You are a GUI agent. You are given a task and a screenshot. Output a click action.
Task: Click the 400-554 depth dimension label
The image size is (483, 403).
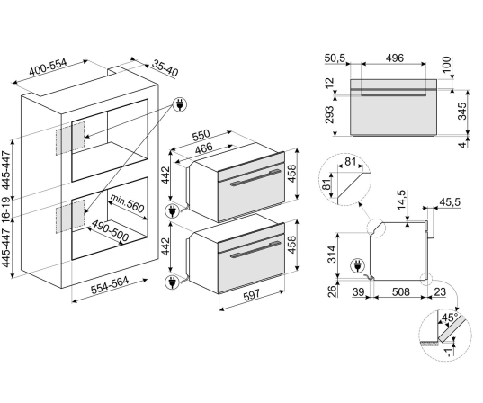[x=48, y=67]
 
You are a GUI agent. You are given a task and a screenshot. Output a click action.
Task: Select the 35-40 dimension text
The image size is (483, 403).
[x=165, y=68]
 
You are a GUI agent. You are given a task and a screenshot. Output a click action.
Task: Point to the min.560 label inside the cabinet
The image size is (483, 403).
[x=127, y=203]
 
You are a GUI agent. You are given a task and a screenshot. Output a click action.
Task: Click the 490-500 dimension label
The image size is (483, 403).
[x=110, y=231]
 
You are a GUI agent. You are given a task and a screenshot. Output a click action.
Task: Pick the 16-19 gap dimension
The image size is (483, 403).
[x=6, y=208]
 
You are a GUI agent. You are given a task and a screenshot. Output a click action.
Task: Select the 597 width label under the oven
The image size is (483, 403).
[x=252, y=295]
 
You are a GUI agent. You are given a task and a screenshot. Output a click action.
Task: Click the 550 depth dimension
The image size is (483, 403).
[x=201, y=135]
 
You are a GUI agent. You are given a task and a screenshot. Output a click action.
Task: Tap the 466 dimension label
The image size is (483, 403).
[x=204, y=148]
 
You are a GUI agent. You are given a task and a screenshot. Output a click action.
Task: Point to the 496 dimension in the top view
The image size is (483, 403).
[x=394, y=58]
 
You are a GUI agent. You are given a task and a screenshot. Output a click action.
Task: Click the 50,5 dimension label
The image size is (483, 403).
[x=335, y=58]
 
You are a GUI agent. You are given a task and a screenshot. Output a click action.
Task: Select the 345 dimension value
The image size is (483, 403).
[x=462, y=111]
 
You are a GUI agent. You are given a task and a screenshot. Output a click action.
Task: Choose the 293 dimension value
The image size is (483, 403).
[x=329, y=114]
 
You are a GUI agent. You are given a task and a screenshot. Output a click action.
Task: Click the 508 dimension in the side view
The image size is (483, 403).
[x=400, y=291]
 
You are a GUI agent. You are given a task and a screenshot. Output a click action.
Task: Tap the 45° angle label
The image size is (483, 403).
[x=450, y=317]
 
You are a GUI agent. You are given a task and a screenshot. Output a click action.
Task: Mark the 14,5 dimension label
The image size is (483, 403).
[x=402, y=200]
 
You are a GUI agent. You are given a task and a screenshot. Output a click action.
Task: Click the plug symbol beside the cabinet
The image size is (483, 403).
[x=180, y=104]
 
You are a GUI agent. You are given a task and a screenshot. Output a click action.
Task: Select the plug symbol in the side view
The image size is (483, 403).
[x=357, y=265]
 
